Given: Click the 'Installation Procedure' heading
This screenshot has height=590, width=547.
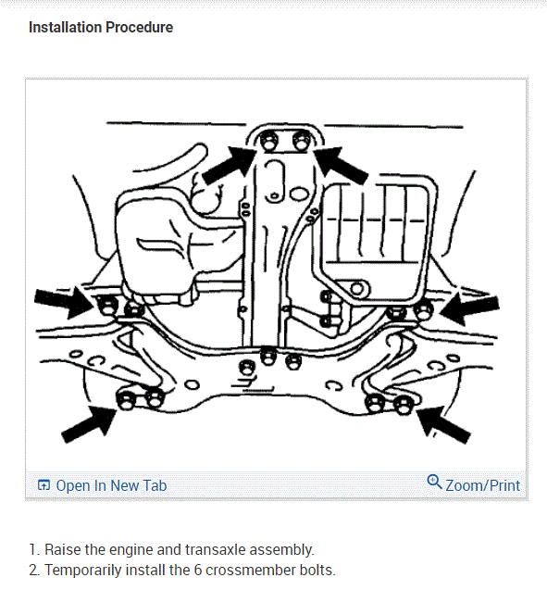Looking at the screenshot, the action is tap(101, 28).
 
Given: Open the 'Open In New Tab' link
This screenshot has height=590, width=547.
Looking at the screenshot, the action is tap(111, 485).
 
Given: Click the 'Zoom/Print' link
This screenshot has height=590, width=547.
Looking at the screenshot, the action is tap(483, 485).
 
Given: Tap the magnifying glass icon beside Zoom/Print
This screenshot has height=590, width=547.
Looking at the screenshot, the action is tap(435, 482).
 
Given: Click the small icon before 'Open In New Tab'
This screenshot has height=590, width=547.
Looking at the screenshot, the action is tap(44, 485).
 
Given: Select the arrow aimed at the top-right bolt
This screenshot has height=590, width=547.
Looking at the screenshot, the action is tap(341, 166).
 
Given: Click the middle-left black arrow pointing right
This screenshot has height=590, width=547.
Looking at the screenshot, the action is tap(64, 303).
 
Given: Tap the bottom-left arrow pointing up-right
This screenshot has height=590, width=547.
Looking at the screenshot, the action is tap(89, 425).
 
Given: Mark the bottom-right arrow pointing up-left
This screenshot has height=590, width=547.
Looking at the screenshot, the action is tap(443, 424).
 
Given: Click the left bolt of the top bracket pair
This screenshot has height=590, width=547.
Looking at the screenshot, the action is tap(269, 141).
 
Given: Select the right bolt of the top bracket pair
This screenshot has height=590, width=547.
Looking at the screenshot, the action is tap(301, 141).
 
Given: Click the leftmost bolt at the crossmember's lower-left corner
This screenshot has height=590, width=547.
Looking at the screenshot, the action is tap(126, 400).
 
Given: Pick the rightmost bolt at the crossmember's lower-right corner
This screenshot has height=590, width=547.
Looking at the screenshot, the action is tap(404, 405).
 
